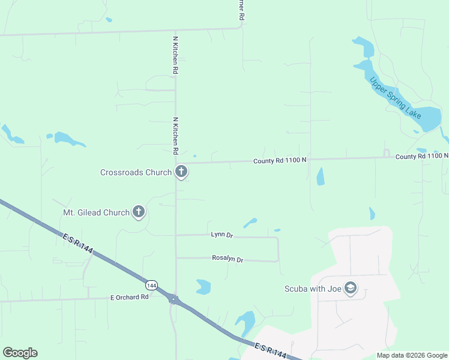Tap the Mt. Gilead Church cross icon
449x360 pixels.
coord(139,212)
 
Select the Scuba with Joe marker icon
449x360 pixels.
coord(351,289)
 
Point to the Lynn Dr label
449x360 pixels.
coord(221,234)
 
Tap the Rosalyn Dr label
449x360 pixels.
coord(228,259)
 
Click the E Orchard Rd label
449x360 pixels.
coord(129,297)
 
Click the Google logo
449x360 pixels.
coord(20,353)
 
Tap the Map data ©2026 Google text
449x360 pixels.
coord(412,355)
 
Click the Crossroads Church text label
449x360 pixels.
coord(136,172)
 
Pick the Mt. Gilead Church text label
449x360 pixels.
coord(96,212)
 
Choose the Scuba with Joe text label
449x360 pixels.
coord(312,289)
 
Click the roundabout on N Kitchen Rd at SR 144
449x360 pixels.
coord(173,299)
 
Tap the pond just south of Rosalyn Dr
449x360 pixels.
coord(203,287)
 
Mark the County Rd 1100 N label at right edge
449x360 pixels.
coord(421,156)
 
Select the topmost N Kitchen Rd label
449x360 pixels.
coord(175,55)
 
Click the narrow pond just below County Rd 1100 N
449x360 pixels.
coord(320,176)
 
